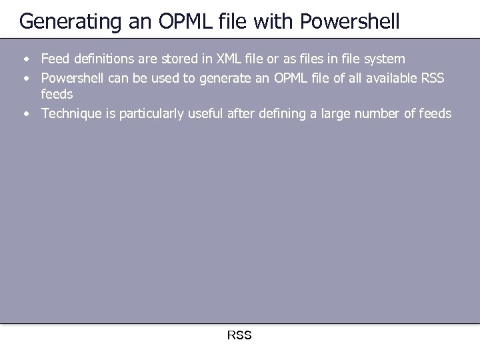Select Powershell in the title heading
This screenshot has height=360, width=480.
pos(350,22)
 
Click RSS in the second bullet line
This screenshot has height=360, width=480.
pos(434,78)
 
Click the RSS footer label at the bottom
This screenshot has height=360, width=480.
pos(239,335)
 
